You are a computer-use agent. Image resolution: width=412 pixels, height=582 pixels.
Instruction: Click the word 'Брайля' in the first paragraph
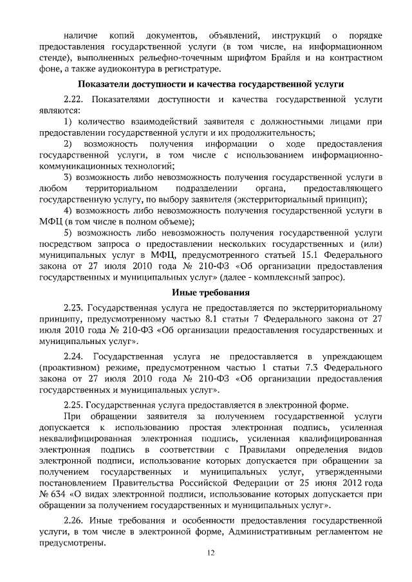tap(286, 57)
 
